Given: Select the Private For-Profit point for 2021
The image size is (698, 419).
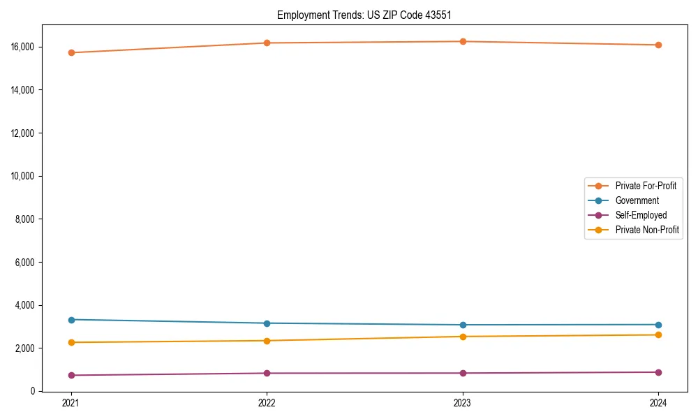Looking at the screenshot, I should click(71, 52).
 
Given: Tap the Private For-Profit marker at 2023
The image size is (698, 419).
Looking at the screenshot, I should click(463, 41).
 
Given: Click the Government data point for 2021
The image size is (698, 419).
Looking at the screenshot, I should click(71, 320).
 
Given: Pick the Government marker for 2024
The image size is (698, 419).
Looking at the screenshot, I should click(658, 325).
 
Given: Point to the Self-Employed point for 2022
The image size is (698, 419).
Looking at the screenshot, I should click(267, 373).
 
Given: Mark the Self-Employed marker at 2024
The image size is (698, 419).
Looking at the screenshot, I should click(658, 372).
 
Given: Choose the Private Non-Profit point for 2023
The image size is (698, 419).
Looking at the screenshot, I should click(463, 337).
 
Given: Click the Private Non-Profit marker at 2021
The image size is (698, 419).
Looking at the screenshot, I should click(71, 342).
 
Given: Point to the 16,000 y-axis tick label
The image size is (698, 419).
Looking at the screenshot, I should click(24, 47).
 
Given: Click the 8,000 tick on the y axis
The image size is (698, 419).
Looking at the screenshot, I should click(26, 219).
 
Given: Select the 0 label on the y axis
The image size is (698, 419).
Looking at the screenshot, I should click(34, 391).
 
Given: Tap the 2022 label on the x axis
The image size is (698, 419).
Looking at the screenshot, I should click(267, 403).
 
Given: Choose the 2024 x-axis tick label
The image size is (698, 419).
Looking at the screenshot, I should click(658, 403).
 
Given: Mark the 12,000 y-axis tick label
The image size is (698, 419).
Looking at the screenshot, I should click(24, 133).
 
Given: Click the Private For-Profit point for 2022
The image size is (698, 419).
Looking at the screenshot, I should click(267, 43).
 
